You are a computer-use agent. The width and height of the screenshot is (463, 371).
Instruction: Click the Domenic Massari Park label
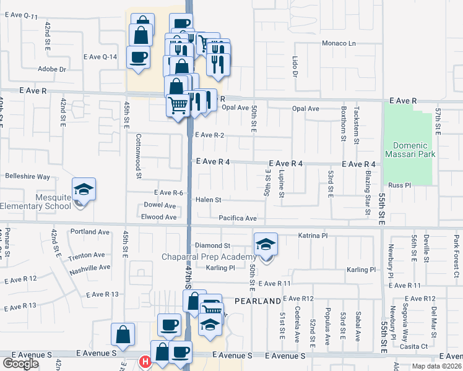pyautogui.click(x=410, y=150)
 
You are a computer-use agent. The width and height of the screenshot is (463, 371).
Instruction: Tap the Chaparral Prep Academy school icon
pyautogui.click(x=266, y=245)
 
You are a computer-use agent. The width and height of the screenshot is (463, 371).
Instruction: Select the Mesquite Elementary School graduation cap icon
pyautogui.click(x=84, y=190)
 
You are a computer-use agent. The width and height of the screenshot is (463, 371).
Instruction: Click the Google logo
pyautogui.click(x=20, y=364)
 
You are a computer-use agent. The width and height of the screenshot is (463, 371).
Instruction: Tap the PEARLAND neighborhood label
pyautogui.click(x=257, y=301)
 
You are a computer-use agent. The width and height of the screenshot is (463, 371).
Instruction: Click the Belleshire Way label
pyautogui.click(x=27, y=176)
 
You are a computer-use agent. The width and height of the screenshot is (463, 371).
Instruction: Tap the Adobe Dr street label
pyautogui.click(x=51, y=69)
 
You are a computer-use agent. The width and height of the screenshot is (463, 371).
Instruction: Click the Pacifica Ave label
pyautogui.click(x=237, y=218)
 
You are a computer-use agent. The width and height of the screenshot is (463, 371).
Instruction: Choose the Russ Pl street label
pyautogui.click(x=396, y=185)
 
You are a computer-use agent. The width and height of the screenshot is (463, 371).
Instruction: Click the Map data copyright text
pyautogui.click(x=435, y=366)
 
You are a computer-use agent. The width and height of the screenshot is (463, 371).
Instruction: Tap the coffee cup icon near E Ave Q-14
pyautogui.click(x=137, y=57)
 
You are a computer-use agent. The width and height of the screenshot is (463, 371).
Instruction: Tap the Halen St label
pyautogui.click(x=209, y=200)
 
